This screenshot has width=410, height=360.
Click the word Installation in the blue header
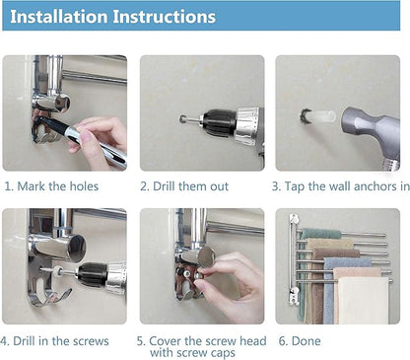(59, 17)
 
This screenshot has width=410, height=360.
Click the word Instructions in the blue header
(165, 17)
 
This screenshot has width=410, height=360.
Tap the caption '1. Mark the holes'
(51, 186)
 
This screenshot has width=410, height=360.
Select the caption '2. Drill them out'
(184, 186)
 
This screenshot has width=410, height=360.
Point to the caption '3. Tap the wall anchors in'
(341, 186)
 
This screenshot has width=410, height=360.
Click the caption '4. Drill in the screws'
(54, 341)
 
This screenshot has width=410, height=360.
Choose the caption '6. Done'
(300, 341)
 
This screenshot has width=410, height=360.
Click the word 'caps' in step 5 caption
(221, 353)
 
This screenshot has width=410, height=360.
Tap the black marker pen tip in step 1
(41, 120)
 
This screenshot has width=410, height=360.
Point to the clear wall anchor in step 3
(322, 116)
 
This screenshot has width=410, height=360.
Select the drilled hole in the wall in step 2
(181, 118)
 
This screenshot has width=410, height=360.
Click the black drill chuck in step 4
(93, 274)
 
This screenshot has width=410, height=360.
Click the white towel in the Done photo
(364, 300)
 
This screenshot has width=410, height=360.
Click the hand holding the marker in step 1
(99, 138)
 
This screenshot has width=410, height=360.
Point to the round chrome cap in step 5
(206, 256)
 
